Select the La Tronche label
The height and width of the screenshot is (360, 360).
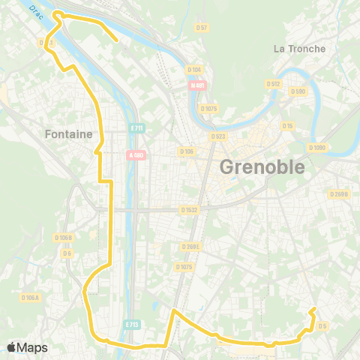(x=300, y=49)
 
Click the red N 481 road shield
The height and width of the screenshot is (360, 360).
(x=198, y=85)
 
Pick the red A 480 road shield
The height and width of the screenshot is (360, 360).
(x=136, y=155)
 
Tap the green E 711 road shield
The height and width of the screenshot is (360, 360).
(x=136, y=128)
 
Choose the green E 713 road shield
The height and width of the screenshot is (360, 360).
(x=132, y=325)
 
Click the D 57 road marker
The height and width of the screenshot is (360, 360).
(x=201, y=27)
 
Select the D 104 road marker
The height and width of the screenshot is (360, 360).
(x=193, y=70)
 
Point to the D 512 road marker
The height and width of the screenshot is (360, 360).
(x=273, y=84)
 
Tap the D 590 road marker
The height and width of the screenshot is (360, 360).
(x=298, y=91)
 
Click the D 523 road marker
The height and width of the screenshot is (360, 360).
(x=218, y=136)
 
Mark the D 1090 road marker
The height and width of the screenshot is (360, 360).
(x=317, y=147)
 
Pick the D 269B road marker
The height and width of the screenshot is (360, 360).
(x=339, y=193)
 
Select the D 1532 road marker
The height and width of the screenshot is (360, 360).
(x=189, y=211)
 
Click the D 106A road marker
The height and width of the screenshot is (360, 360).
(x=30, y=298)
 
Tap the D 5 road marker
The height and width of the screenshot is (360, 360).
(x=322, y=325)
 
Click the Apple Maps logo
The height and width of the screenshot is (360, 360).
(x=27, y=347)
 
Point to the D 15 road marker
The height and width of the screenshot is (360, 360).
(x=287, y=125)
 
